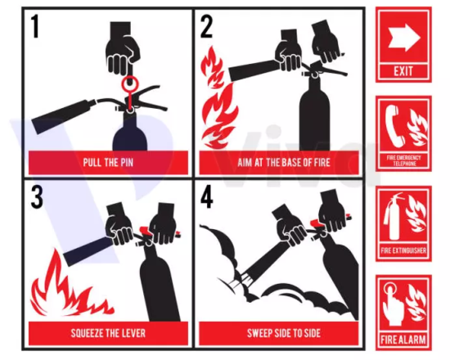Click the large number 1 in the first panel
[x=35, y=26]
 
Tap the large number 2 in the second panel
[x=207, y=26]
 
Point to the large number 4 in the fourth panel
[x=207, y=196]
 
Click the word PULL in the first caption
[x=92, y=163]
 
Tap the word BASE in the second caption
[x=292, y=163]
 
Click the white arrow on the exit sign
[x=404, y=38]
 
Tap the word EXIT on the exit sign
[x=403, y=70]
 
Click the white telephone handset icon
[x=394, y=126]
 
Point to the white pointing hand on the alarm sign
[x=393, y=304]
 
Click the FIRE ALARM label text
[x=403, y=340]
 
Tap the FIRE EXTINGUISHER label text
[x=403, y=250]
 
